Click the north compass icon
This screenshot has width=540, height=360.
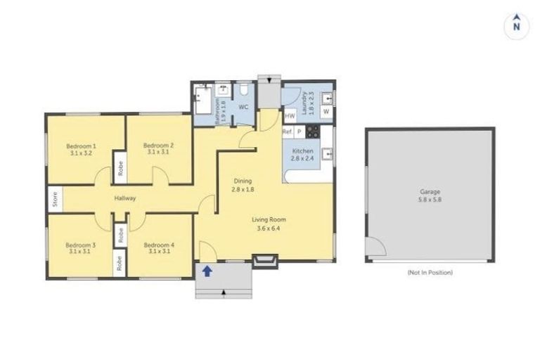516,25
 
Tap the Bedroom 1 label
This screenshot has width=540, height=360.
81,146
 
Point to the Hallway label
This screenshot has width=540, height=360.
125,198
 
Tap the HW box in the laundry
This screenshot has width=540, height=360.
289,115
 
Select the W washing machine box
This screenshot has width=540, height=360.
326,111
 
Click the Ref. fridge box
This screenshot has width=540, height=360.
288,131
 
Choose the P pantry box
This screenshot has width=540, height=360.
299,131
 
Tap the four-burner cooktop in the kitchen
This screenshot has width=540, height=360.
312,131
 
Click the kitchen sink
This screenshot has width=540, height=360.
326,155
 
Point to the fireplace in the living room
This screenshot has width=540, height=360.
264,262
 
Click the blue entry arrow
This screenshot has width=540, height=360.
207,270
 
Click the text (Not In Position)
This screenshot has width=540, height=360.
430,272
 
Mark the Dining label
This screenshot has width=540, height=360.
243,181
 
